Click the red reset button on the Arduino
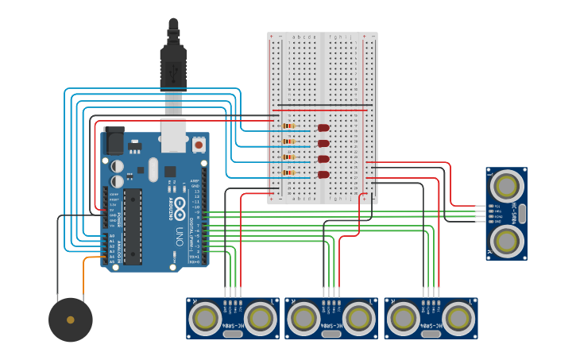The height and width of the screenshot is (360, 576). pos(198,145)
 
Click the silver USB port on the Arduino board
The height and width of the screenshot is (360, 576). pos(173,135)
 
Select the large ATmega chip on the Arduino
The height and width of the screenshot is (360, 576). pos(133,226)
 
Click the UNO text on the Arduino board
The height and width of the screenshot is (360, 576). pos(180,236)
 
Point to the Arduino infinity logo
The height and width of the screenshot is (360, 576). pos(180,208)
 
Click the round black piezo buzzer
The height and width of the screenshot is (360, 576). pos(71,319)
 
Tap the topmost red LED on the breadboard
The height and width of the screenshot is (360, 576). pos(323,127)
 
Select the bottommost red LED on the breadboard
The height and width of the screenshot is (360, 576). pos(323,174)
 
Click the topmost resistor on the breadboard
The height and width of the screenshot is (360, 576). pos(288,126)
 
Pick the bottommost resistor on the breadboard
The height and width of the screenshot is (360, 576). pos(288,172)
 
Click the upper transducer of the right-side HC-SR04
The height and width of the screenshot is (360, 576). pos(506,187)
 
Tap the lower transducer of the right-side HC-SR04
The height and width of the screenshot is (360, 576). pos(506,239)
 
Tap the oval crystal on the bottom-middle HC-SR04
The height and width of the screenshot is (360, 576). pos(331,335)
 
